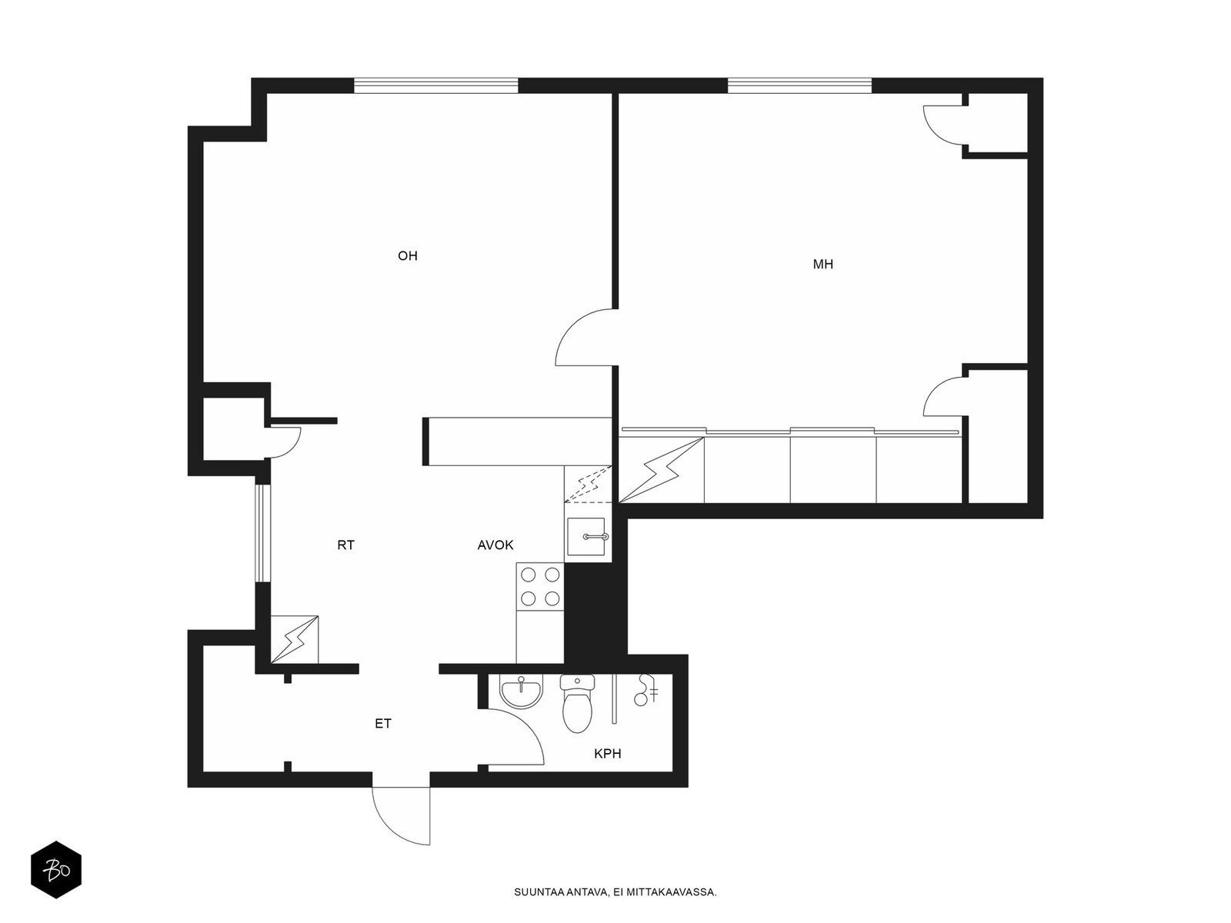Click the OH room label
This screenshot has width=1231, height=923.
coord(407,256)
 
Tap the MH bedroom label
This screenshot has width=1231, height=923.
coord(822,265)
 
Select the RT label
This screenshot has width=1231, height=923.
coord(345,545)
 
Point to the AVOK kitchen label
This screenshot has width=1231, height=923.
coord(495,545)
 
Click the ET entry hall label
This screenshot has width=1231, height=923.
coord(382,724)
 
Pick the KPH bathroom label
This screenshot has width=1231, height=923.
coord(607,754)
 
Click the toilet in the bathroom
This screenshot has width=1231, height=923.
coord(577,703)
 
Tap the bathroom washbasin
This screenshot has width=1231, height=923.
coord(522,691)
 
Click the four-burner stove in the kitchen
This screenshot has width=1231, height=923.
coord(540,587)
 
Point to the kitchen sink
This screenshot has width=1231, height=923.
coord(586,536)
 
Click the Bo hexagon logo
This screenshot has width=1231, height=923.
coord(56,869)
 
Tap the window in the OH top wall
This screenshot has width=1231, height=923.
coord(435,85)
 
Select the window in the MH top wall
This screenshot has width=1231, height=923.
coord(799,85)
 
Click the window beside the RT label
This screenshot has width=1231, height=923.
coord(259,533)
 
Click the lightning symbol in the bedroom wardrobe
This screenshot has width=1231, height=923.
coord(661,471)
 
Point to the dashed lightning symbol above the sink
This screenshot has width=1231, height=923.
coord(588,484)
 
